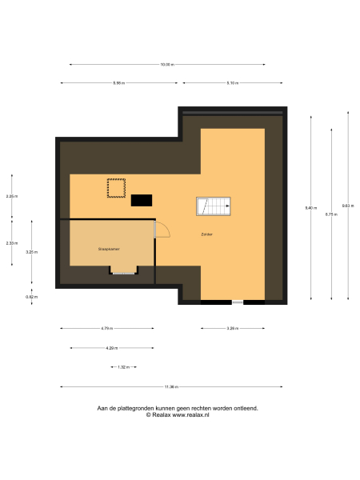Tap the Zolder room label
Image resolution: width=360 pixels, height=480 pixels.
[x=206, y=234]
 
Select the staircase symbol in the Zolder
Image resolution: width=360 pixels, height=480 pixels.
[x=214, y=206]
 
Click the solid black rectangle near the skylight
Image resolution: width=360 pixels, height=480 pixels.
[x=142, y=200]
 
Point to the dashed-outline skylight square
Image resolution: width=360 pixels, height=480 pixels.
[x=117, y=188]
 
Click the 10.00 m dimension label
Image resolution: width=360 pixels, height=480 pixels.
[x=166, y=65]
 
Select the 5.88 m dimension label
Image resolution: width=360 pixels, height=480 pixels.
[x=119, y=82]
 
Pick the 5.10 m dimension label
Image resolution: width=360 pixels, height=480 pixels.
[x=233, y=82]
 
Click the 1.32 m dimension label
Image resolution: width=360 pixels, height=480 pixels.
[x=123, y=367]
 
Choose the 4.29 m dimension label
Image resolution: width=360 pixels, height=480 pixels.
[x=111, y=348]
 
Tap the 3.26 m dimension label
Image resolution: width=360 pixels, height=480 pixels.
[x=232, y=328]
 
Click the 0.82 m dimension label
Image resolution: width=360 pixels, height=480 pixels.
[x=31, y=297]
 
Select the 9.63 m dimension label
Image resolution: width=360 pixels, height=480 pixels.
[x=348, y=206]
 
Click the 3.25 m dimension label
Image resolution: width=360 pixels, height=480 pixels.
[x=31, y=252]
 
